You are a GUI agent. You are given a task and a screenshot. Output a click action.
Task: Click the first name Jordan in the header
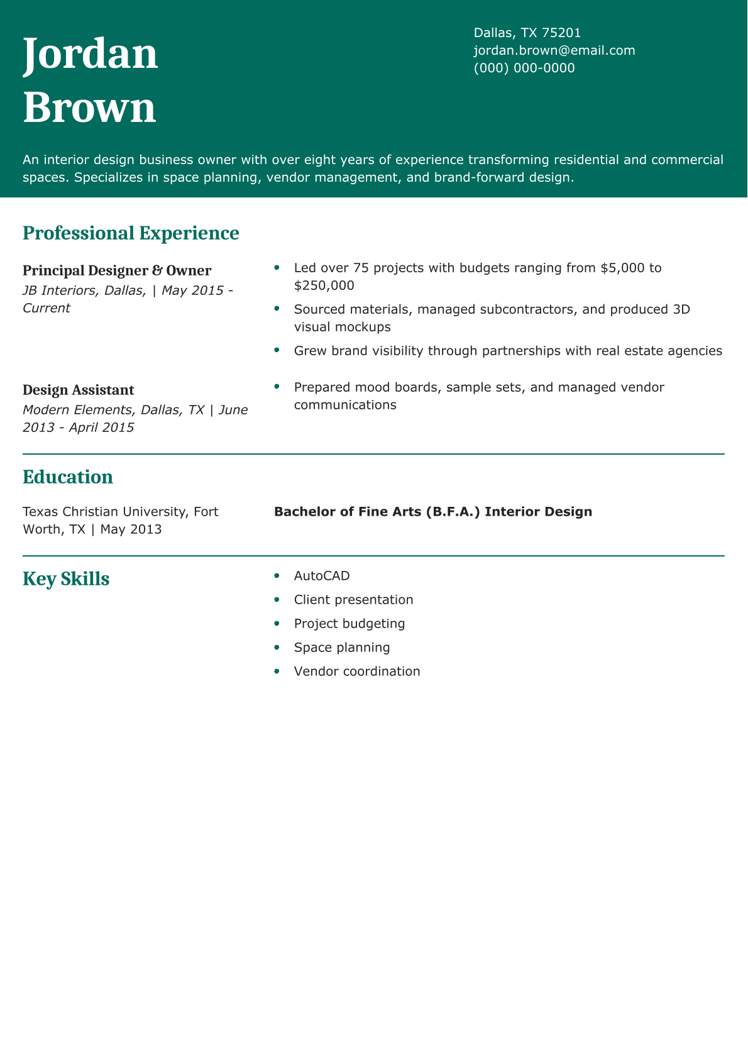[90, 55]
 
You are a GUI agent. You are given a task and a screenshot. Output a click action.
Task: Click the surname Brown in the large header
[89, 108]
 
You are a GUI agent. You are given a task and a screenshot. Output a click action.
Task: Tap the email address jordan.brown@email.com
[554, 50]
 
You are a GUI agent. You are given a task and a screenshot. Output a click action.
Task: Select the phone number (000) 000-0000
[524, 68]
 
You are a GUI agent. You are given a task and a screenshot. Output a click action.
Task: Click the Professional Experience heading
[131, 233]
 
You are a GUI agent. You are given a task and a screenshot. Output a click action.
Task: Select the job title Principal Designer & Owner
[117, 270]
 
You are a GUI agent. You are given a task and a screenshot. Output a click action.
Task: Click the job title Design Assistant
[79, 390]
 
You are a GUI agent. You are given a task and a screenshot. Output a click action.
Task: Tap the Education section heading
[68, 477]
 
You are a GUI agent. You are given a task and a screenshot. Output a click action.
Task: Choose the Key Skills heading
[66, 579]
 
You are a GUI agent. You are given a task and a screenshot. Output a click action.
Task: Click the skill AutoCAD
[322, 576]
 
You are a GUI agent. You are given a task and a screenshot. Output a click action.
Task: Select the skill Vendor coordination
[357, 672]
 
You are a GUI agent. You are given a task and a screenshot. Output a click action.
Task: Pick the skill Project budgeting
[349, 624]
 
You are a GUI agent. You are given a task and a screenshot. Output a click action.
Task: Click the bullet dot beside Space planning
[277, 647]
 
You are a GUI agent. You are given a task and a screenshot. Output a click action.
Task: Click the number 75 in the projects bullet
[361, 268]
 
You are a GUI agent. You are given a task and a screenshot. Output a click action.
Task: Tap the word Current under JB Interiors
[47, 308]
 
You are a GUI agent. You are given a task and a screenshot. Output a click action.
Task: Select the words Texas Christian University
[104, 512]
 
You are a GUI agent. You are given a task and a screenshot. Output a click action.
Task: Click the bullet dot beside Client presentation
[277, 599]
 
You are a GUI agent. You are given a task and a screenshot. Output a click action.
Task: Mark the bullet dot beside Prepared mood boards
[277, 387]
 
